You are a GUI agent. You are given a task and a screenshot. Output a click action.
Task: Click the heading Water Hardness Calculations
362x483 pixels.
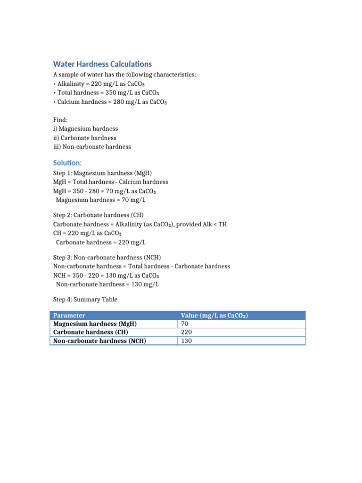point(102,64)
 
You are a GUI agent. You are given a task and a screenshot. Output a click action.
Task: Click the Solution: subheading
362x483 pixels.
point(67,163)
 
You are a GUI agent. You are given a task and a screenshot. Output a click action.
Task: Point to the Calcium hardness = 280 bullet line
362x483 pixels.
point(110,101)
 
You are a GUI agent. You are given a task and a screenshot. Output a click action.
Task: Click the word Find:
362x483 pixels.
point(60,120)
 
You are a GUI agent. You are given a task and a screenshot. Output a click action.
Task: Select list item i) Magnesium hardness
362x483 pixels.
point(85,129)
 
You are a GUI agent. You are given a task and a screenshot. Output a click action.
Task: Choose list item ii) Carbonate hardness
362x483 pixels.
point(84,138)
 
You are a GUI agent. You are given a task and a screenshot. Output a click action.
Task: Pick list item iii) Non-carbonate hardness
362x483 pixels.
point(92,147)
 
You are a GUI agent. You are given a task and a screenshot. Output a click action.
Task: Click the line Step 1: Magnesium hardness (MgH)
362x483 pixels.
point(103,173)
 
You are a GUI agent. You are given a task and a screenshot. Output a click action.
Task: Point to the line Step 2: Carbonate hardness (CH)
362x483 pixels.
point(101,215)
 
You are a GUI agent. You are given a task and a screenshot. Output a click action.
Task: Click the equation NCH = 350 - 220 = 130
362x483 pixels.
point(106,275)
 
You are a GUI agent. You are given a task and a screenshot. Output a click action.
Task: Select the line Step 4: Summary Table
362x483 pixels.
point(85,300)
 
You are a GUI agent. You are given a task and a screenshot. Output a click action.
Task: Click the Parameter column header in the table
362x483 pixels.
point(69,316)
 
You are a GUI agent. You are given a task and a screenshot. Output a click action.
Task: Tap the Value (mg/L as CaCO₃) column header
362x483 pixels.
point(214,316)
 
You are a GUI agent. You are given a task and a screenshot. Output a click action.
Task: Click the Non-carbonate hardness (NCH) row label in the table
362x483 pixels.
point(99,341)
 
